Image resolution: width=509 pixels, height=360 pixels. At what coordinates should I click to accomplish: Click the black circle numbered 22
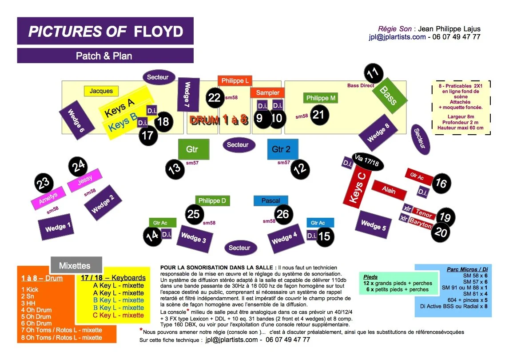point(215,98)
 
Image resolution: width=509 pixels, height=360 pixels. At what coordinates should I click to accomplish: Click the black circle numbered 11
point(374,73)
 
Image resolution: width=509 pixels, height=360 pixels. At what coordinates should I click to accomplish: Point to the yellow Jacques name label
point(101,91)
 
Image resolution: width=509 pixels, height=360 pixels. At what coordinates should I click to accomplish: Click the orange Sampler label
point(267,93)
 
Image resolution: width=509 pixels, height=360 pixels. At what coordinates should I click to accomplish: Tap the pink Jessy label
point(85,180)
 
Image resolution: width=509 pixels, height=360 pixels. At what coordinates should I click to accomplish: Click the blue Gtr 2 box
point(282,149)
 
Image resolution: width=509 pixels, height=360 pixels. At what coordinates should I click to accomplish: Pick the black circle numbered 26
point(283,214)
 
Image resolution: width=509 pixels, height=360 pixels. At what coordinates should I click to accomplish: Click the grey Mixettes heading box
point(76,266)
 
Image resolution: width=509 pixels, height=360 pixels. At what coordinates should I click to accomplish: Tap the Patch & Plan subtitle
point(104,56)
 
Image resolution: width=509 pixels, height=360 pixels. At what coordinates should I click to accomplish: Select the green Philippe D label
point(212,201)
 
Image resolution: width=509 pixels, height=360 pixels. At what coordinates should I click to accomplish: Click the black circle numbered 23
point(44,183)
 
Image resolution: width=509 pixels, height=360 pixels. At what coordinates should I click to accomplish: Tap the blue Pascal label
point(270,201)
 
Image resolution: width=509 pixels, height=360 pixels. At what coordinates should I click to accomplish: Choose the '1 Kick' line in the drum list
point(30,289)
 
